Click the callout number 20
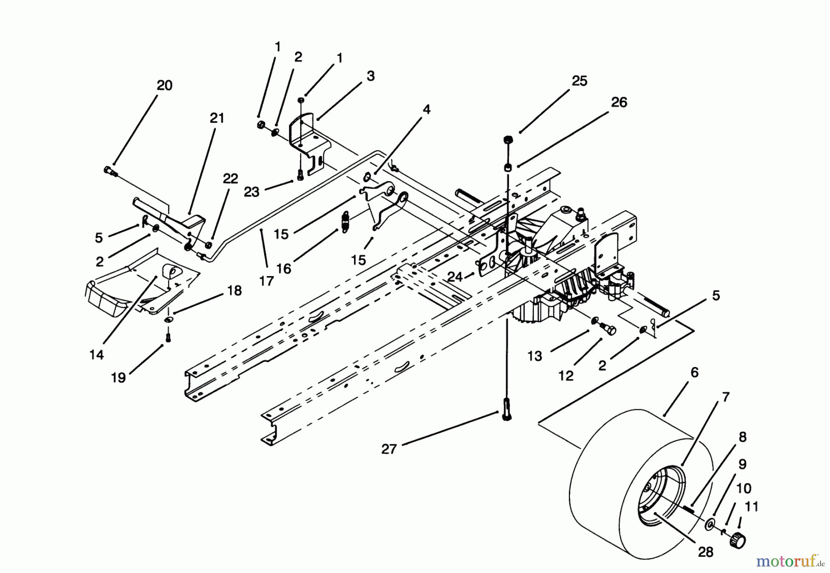click(x=165, y=85)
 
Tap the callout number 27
click(x=389, y=449)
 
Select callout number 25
click(x=579, y=81)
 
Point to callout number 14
click(x=97, y=355)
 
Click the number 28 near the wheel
click(x=705, y=552)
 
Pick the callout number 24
click(x=455, y=277)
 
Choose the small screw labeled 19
click(x=168, y=336)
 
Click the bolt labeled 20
click(x=110, y=171)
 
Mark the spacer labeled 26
click(x=508, y=167)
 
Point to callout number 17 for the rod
click(x=266, y=280)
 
